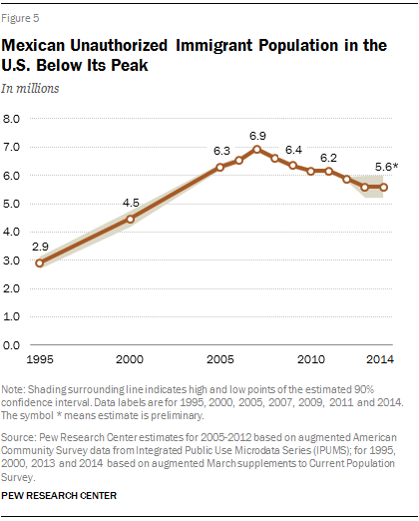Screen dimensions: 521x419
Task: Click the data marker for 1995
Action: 39,263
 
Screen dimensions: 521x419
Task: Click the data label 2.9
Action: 40,245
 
